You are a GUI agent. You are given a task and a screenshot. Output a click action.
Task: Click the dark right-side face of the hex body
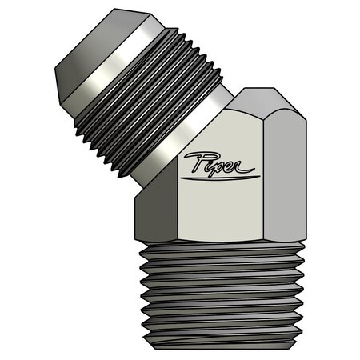(x=284, y=172)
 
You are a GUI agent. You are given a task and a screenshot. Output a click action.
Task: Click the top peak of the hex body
(x=248, y=90)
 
